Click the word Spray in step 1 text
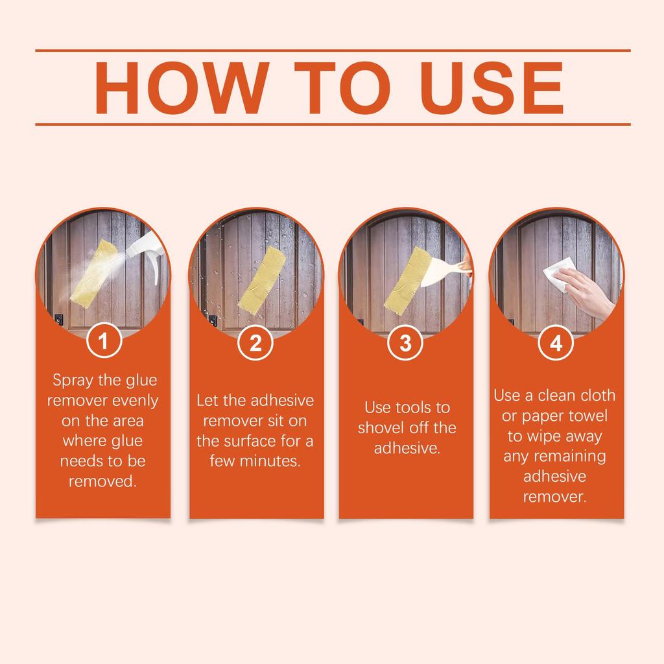[x=73, y=381]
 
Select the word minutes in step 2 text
[x=271, y=461]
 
